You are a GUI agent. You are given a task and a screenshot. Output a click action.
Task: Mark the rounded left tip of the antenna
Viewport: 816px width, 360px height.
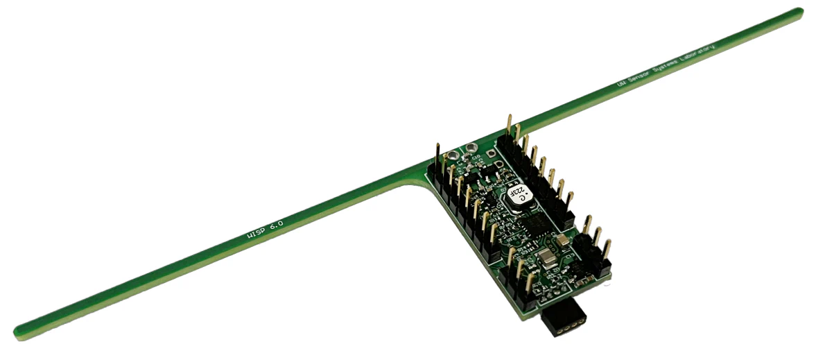click(19, 332)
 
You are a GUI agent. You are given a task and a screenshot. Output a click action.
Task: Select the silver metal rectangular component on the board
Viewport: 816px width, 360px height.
click(546, 259)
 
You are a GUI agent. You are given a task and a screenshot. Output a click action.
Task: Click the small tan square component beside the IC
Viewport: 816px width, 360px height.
click(563, 240)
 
